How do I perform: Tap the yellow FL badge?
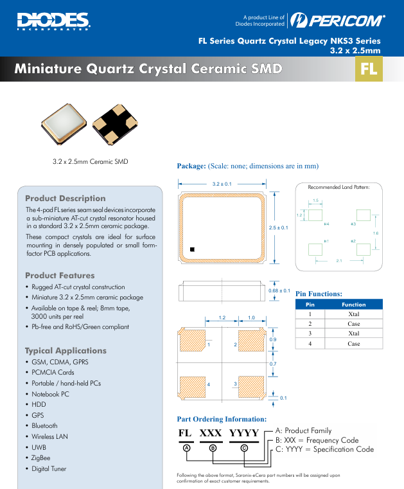(x=369, y=69)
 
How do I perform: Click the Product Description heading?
(x=65, y=198)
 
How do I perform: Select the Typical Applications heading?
(x=66, y=350)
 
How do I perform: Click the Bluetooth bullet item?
(x=44, y=425)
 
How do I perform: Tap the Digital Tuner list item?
(x=49, y=468)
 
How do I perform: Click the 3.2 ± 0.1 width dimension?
(x=222, y=184)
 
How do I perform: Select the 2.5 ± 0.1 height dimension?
(x=278, y=227)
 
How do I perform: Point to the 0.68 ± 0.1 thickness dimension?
(x=279, y=291)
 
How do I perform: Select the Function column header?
(x=353, y=304)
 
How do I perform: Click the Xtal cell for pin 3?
(x=353, y=333)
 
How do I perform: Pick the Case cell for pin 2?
(x=353, y=324)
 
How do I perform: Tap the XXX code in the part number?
(x=211, y=433)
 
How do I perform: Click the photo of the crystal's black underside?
(x=114, y=125)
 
